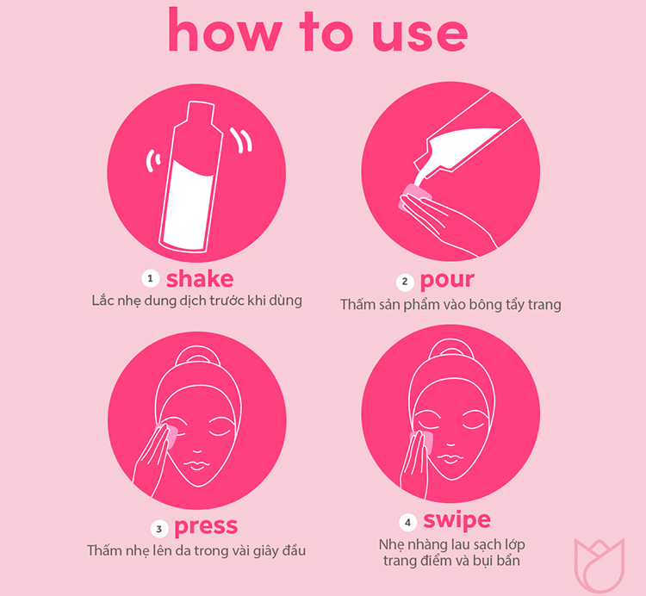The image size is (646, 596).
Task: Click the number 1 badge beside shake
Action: (x=151, y=279)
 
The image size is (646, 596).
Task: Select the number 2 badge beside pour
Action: (x=405, y=282)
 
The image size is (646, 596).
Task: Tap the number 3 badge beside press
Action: (x=159, y=529)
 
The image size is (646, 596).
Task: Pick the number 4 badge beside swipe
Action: (x=408, y=523)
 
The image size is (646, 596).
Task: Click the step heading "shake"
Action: (x=200, y=278)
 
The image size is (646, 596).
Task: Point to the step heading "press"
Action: (x=206, y=527)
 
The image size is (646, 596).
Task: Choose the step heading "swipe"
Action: (x=457, y=520)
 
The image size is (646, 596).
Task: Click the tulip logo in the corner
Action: (x=599, y=565)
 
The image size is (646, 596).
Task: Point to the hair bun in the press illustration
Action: (x=196, y=355)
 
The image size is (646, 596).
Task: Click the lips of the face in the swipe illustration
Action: (x=450, y=458)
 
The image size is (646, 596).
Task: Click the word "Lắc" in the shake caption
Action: (x=102, y=300)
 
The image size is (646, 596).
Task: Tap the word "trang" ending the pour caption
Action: (x=544, y=305)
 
